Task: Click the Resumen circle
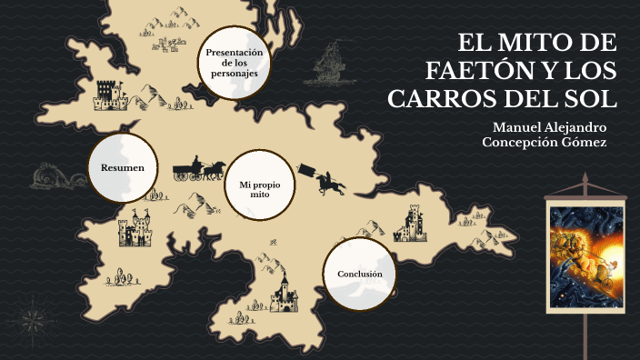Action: click(123, 168)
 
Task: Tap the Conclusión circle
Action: click(359, 274)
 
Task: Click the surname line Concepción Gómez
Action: click(544, 143)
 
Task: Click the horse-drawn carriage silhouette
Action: click(199, 168)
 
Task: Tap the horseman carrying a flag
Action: click(328, 181)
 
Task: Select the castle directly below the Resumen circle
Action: click(136, 230)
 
